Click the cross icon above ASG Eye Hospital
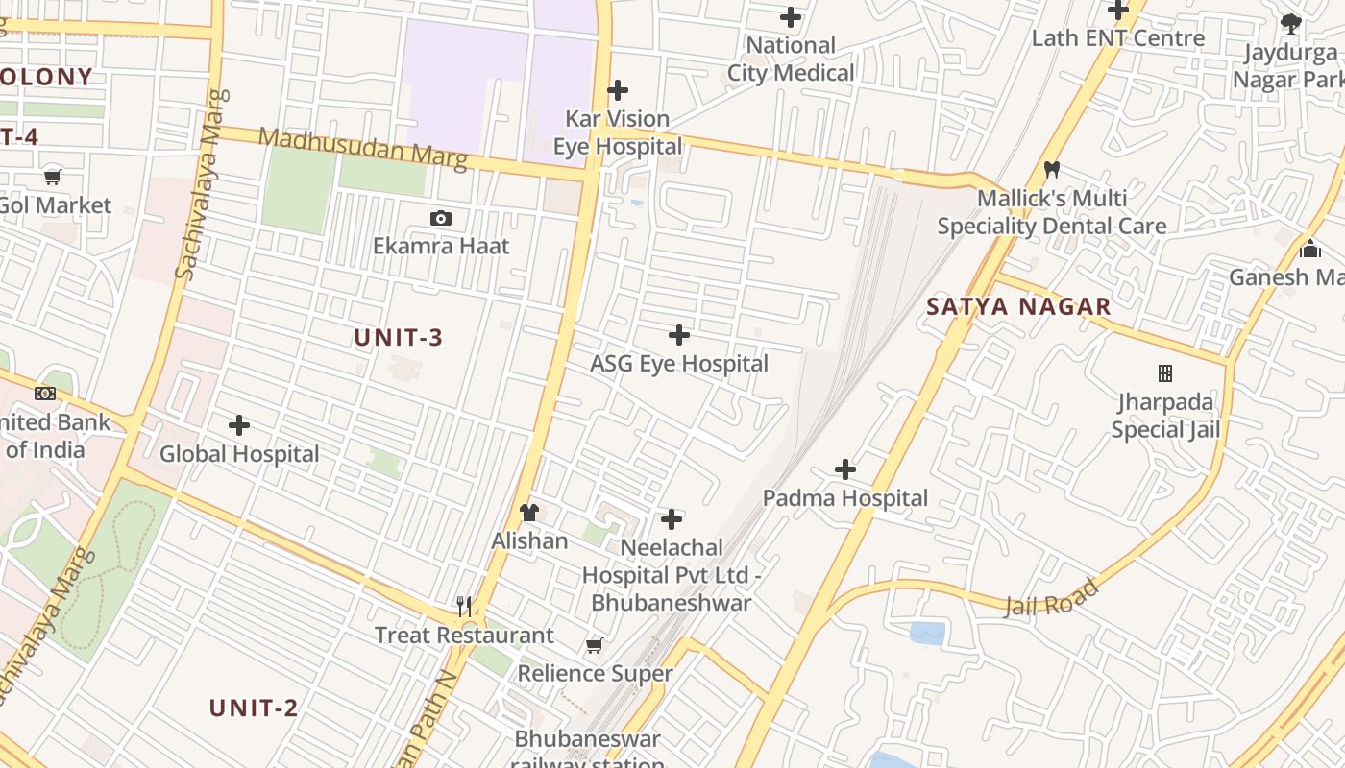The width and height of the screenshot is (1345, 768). point(679,335)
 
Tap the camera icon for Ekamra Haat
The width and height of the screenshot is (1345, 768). point(441,218)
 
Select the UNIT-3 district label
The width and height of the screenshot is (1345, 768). point(399,338)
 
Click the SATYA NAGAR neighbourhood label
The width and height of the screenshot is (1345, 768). point(1018,307)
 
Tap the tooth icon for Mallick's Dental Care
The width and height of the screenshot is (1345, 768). point(1052,170)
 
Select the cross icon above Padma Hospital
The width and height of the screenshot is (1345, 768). point(845,469)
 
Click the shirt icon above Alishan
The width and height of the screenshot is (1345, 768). point(529,513)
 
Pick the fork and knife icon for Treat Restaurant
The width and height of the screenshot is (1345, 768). point(464,606)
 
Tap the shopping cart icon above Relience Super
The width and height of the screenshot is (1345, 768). point(595,645)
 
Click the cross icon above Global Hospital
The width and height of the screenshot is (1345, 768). point(239,425)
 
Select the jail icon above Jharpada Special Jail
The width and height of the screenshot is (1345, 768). point(1165,372)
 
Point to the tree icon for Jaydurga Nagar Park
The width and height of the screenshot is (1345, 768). point(1291,24)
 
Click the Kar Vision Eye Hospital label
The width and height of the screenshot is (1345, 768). point(618,132)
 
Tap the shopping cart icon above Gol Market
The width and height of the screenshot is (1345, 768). point(53,177)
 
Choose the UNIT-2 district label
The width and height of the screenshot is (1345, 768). point(254,708)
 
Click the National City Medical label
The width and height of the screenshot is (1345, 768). point(791,59)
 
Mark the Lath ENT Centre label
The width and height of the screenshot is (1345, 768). point(1118,38)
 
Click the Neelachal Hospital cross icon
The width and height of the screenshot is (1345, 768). point(672,520)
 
